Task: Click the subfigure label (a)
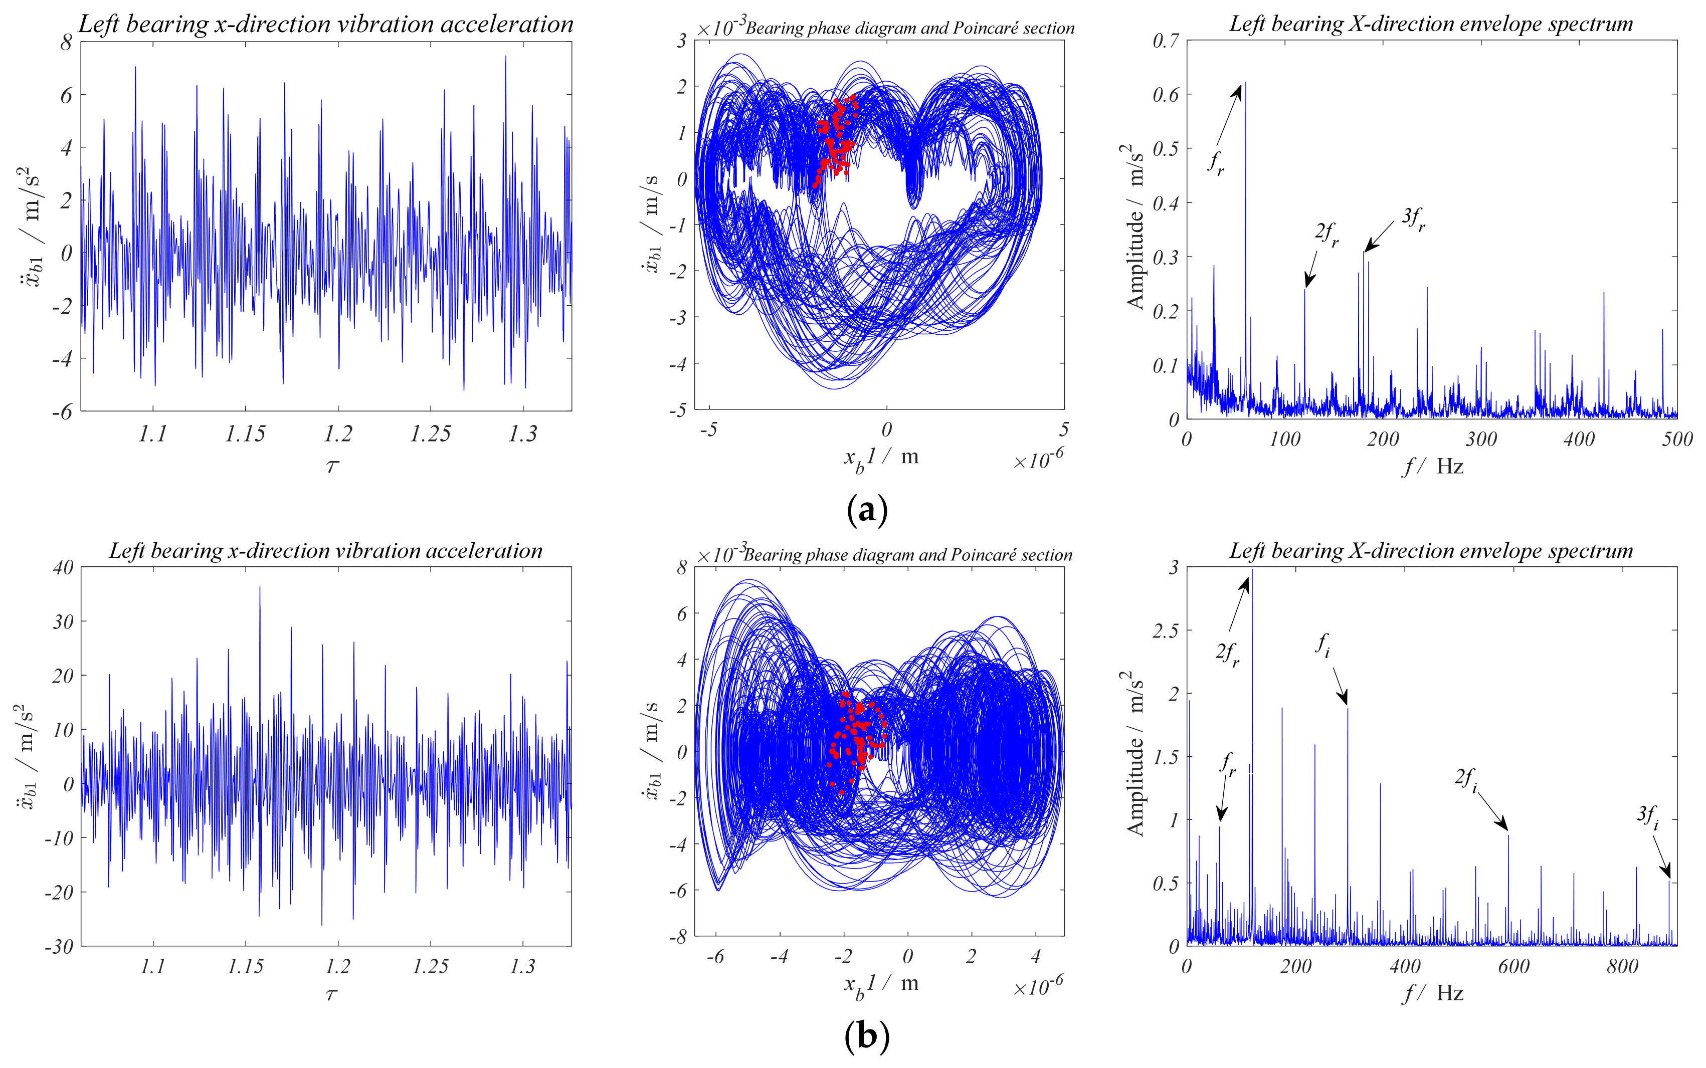(867, 510)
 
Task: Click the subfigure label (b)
(867, 1036)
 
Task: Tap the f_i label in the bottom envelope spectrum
(1323, 646)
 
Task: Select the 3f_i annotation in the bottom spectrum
(1648, 816)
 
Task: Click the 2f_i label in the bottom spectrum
(1466, 780)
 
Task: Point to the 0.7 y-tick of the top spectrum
(1166, 41)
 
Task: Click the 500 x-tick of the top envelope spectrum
(1677, 440)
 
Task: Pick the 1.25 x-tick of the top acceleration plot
(430, 434)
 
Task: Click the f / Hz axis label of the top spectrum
(1433, 467)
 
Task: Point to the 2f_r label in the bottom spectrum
(1227, 654)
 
